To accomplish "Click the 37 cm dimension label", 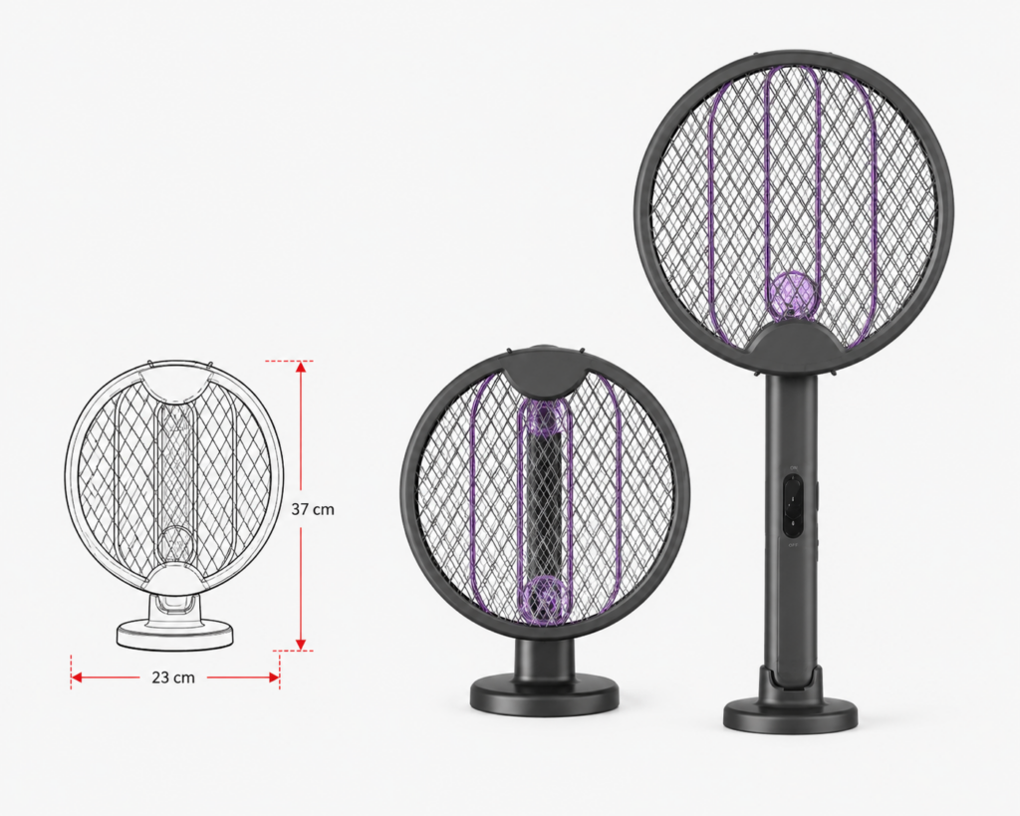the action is [312, 509].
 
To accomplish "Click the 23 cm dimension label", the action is [173, 678].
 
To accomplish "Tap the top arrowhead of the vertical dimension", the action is [301, 367].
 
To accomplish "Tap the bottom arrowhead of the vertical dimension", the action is [301, 644].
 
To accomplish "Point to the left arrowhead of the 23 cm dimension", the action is [77, 678].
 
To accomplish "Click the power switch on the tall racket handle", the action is [793, 505].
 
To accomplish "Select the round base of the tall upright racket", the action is [790, 715].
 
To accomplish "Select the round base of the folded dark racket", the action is [545, 696].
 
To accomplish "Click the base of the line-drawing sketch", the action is [174, 633].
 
